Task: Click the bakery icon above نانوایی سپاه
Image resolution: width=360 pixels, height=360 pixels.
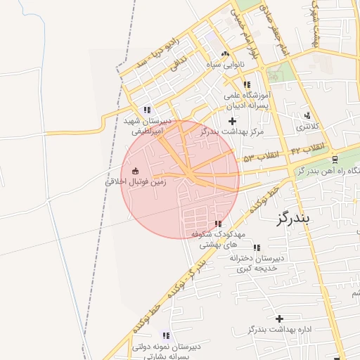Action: pyautogui.click(x=225, y=54)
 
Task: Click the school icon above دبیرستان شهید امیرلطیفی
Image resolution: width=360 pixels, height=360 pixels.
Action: pyautogui.click(x=147, y=110)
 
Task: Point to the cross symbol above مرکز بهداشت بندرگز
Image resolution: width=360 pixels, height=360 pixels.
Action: pyautogui.click(x=233, y=121)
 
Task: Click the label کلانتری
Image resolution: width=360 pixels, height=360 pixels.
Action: pyautogui.click(x=307, y=127)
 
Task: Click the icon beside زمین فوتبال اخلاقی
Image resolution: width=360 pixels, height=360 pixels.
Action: pyautogui.click(x=136, y=171)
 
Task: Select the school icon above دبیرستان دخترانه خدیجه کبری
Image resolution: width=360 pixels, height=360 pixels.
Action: pyautogui.click(x=256, y=247)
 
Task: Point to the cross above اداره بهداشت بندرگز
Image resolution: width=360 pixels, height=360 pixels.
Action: pyautogui.click(x=279, y=319)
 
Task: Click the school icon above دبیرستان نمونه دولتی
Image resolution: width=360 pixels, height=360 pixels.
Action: pyautogui.click(x=166, y=336)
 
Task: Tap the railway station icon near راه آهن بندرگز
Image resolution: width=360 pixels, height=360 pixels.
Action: pyautogui.click(x=334, y=159)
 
